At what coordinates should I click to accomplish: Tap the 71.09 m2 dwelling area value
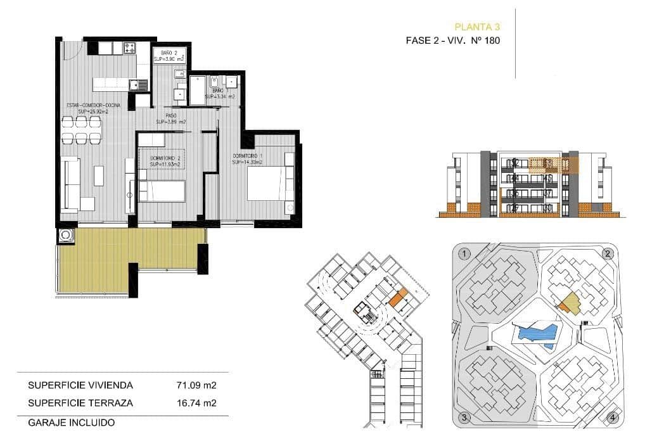coord(196,385)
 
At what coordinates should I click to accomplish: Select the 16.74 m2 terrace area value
coord(196,402)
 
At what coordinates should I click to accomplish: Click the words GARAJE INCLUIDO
coord(71,422)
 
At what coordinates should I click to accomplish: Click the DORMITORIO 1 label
coord(247,156)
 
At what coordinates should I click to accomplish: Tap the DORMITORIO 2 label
coord(165,158)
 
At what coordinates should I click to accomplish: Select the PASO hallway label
coord(171,116)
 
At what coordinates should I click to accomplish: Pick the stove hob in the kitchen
coord(131,47)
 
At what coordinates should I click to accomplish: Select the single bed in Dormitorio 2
coord(162,191)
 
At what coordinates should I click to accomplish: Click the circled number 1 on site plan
coord(465,255)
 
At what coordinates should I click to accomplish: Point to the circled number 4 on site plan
coord(611,417)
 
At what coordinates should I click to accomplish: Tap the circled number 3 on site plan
coord(464,417)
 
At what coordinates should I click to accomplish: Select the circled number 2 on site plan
coord(608,255)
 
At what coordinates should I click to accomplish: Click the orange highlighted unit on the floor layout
coord(398,297)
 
